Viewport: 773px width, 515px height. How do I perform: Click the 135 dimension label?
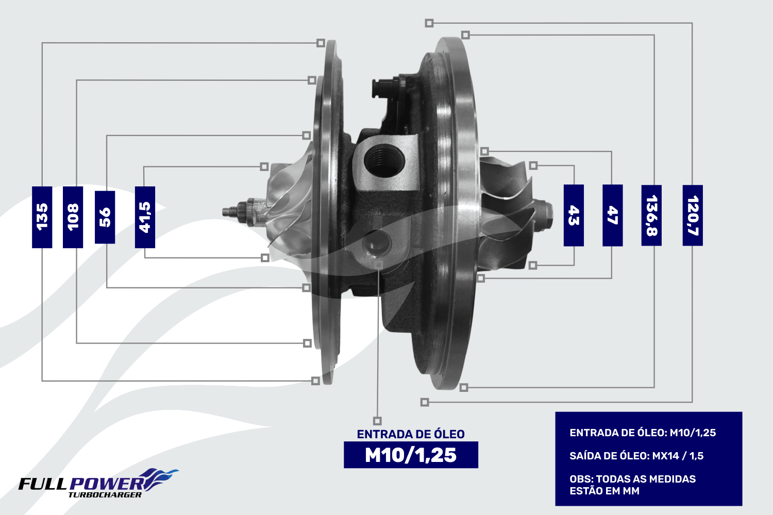[42, 217]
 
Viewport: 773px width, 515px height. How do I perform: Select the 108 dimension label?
[73, 217]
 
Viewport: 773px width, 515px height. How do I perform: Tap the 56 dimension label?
[105, 217]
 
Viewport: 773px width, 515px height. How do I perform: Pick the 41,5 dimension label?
[145, 217]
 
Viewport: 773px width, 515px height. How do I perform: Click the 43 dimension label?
[574, 215]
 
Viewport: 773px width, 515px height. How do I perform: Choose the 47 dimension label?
[613, 215]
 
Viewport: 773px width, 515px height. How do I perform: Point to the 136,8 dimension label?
[651, 215]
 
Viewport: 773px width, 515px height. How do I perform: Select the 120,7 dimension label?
[693, 215]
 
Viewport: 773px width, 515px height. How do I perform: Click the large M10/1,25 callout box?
[411, 455]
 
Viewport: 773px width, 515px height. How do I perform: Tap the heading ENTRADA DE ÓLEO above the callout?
[411, 434]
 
